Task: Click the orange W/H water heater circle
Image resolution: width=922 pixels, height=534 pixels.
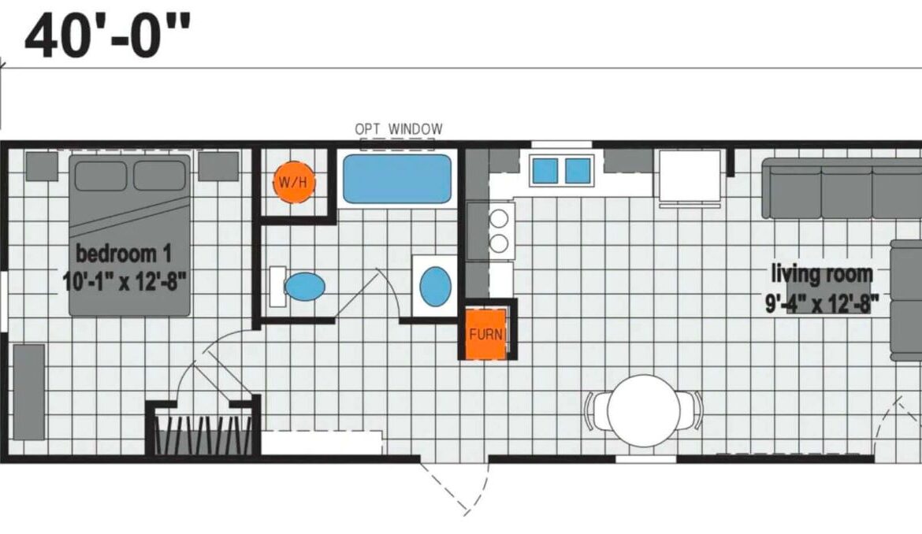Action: click(294, 182)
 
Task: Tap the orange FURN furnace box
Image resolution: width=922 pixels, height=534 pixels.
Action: click(485, 334)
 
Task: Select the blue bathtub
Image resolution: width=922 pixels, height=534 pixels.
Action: click(397, 179)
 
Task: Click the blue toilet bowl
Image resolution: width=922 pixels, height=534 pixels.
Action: click(305, 287)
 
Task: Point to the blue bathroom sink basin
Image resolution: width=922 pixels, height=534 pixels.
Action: click(436, 287)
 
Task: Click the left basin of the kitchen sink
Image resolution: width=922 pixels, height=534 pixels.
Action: click(545, 170)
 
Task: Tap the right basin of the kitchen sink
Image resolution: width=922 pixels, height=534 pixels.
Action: click(578, 170)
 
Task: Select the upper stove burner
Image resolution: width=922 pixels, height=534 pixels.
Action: click(499, 219)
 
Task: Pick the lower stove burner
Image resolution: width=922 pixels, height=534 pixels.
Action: click(499, 243)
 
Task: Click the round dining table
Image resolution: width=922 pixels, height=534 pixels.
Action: click(643, 410)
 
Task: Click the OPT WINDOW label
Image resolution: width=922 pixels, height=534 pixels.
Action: click(399, 128)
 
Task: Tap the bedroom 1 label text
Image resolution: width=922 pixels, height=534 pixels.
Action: click(124, 254)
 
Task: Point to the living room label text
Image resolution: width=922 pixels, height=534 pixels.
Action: click(821, 274)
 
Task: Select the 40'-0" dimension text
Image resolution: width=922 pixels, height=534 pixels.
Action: click(108, 35)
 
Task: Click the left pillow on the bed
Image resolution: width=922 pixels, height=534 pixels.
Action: click(101, 176)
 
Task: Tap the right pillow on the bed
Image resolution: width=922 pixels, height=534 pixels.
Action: click(159, 176)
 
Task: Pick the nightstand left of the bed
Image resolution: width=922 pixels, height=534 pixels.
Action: click(42, 166)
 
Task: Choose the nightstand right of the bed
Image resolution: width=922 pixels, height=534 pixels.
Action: click(218, 166)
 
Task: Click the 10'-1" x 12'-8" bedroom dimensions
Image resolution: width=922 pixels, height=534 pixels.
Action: click(125, 282)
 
